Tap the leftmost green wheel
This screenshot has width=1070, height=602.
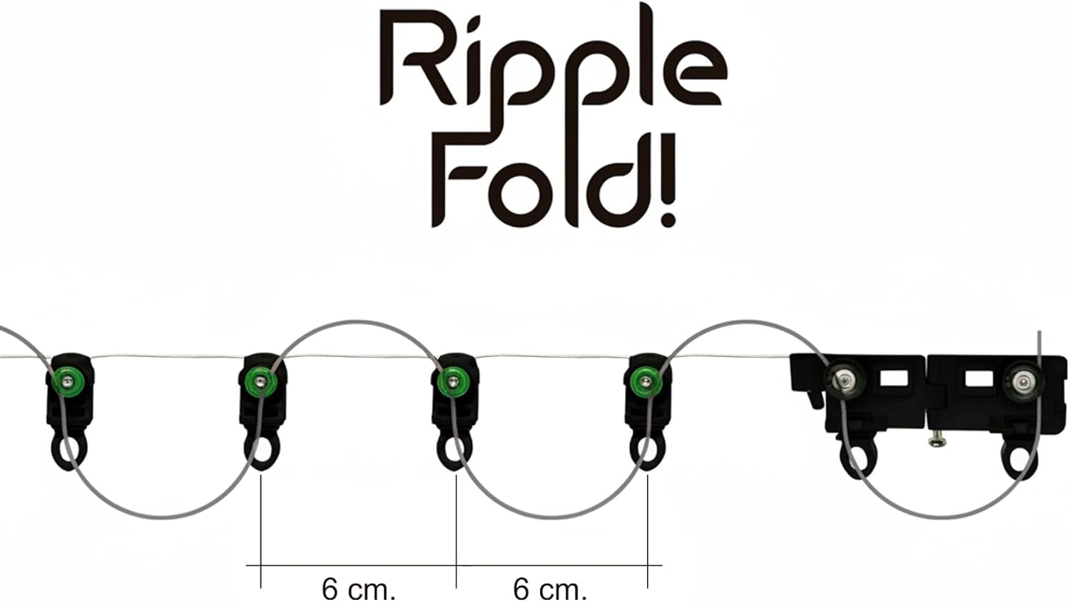click(68, 381)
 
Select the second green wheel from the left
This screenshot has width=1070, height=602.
click(260, 381)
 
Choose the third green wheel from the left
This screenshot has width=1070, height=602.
click(452, 381)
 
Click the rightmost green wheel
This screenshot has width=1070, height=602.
click(646, 381)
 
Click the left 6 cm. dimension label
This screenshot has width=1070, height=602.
click(358, 589)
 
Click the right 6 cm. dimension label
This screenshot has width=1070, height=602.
click(550, 589)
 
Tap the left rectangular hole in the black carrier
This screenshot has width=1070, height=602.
click(895, 379)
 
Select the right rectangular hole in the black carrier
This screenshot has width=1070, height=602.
click(979, 379)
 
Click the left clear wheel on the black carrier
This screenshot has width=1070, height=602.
click(847, 381)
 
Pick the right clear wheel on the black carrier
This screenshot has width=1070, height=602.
click(1023, 381)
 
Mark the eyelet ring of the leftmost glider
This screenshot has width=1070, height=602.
click(70, 451)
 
